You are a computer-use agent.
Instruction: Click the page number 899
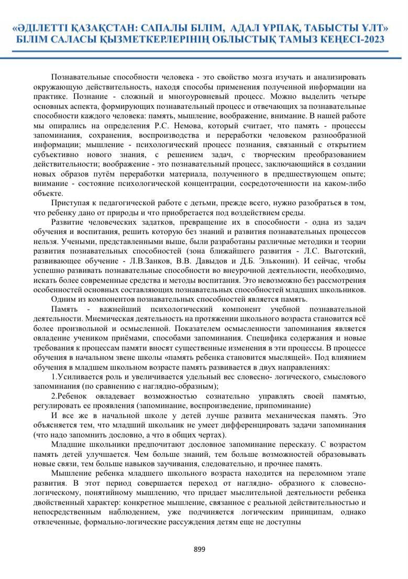[200, 549]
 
